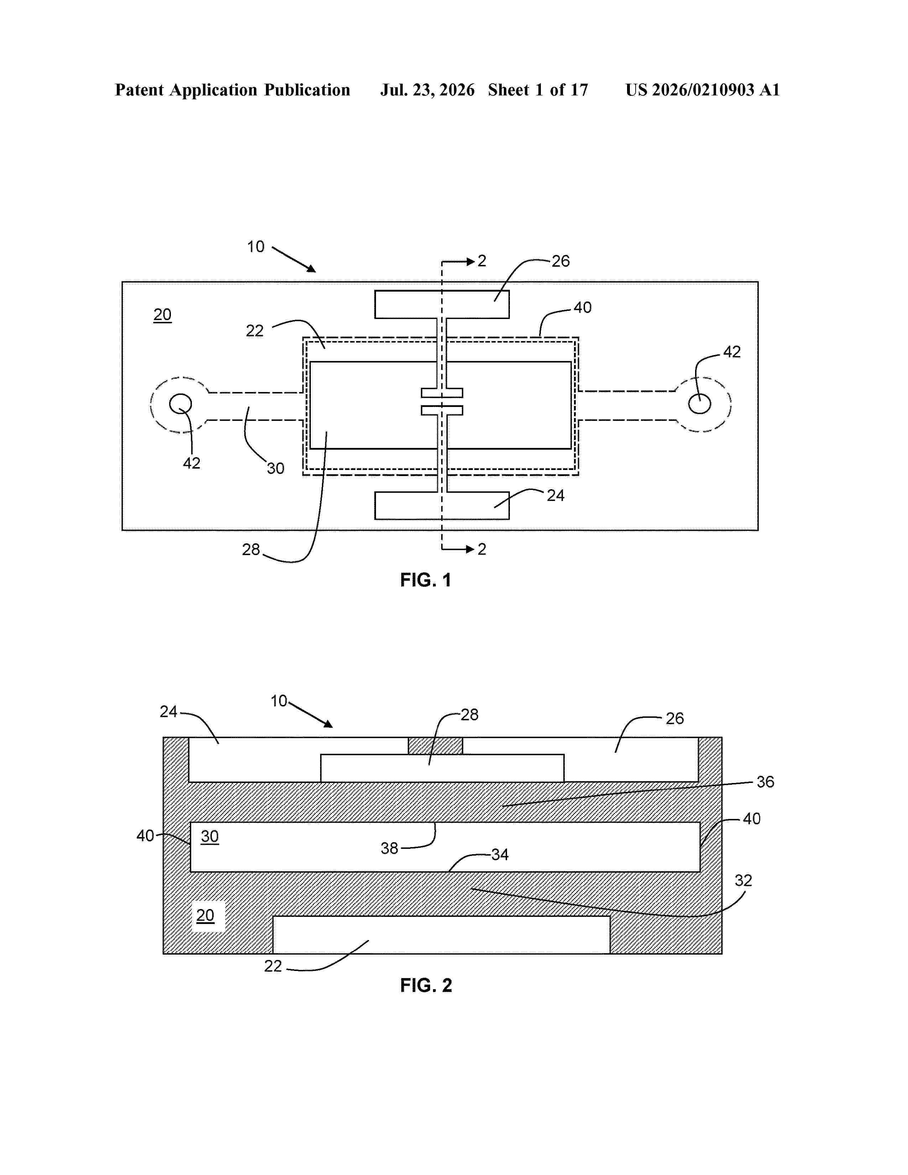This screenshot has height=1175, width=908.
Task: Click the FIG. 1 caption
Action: click(x=426, y=580)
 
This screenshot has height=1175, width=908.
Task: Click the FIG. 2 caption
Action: click(x=426, y=986)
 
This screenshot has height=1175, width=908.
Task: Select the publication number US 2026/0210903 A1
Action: click(x=703, y=90)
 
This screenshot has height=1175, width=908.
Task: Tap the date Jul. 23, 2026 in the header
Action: click(x=428, y=90)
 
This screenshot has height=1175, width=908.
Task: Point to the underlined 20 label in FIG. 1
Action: click(x=162, y=315)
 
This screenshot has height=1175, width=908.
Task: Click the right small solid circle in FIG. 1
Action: click(x=699, y=403)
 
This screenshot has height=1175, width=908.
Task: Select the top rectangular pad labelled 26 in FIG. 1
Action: click(x=442, y=304)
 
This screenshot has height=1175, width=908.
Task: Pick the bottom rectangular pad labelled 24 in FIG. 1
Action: click(x=442, y=505)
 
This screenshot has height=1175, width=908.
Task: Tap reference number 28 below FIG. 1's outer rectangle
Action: click(x=251, y=549)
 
